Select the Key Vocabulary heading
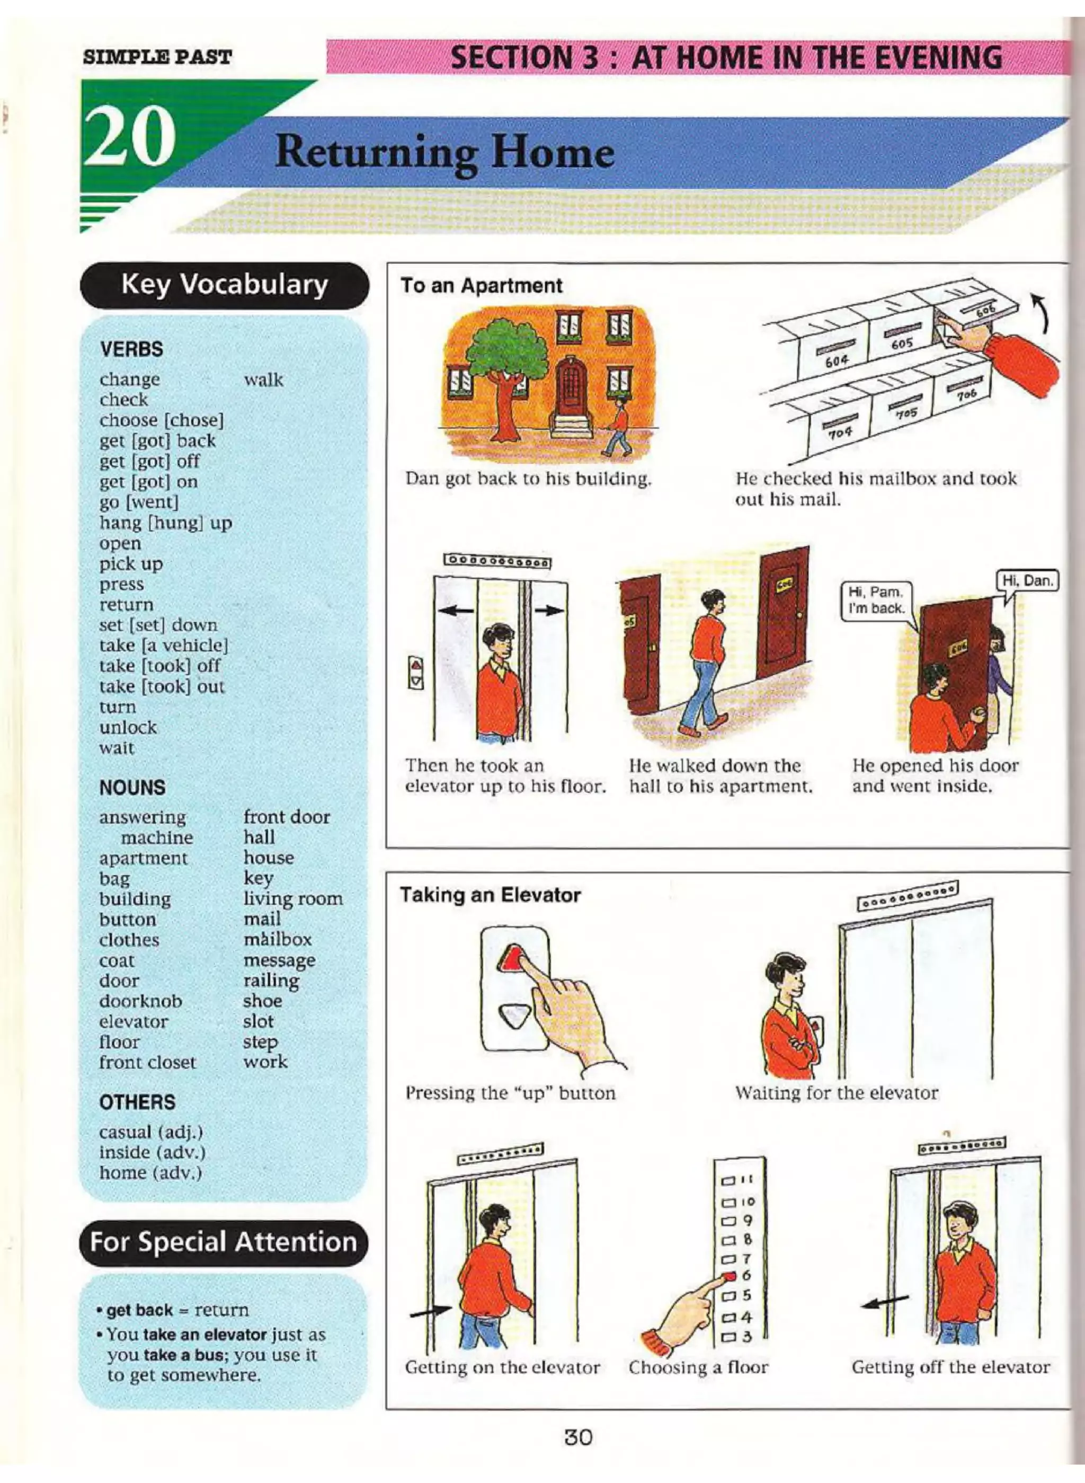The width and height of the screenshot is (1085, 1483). (225, 285)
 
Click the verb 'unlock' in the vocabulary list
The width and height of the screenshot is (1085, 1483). (128, 727)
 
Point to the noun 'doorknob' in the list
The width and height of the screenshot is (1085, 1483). (140, 1001)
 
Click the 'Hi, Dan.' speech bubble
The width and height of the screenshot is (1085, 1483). (1028, 581)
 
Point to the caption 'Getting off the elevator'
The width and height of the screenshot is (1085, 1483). (950, 1367)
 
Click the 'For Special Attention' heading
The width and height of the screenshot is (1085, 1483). (224, 1242)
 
